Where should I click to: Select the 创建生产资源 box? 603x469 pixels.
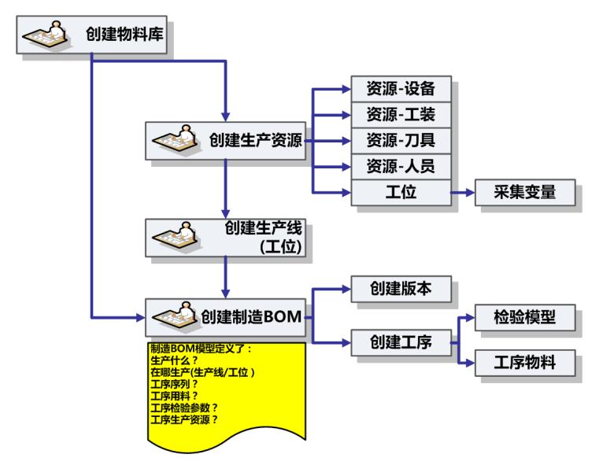[x=226, y=142]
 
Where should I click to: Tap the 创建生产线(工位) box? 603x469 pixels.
[x=226, y=238]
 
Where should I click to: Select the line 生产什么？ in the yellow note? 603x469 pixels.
[x=174, y=360]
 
